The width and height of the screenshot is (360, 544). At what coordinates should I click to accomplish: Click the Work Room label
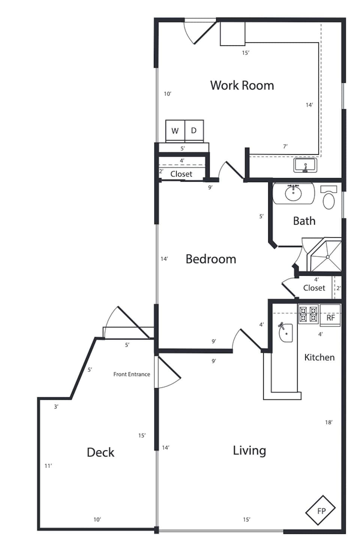242,85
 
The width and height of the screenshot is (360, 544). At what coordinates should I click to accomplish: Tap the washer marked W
175,131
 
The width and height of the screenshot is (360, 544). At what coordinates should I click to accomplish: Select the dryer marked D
194,130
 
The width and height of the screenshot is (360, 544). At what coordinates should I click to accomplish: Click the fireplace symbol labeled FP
321,511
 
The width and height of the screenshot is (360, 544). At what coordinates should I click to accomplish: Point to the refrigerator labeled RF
330,318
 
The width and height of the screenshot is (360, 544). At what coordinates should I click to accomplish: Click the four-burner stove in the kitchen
308,315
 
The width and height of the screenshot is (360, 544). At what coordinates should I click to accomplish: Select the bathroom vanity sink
293,193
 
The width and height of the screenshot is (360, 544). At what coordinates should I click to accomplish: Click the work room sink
305,165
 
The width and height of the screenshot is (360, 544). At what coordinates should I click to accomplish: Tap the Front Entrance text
132,374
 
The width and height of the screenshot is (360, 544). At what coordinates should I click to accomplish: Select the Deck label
100,452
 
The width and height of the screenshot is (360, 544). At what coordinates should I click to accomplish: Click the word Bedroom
211,259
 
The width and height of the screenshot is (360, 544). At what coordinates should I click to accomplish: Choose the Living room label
249,450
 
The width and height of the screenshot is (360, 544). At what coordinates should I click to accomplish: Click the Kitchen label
319,357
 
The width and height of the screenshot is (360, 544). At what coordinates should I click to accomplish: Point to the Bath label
304,221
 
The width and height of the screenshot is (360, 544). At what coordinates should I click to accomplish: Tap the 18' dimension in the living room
328,423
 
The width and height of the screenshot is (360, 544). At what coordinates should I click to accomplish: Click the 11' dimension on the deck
48,466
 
